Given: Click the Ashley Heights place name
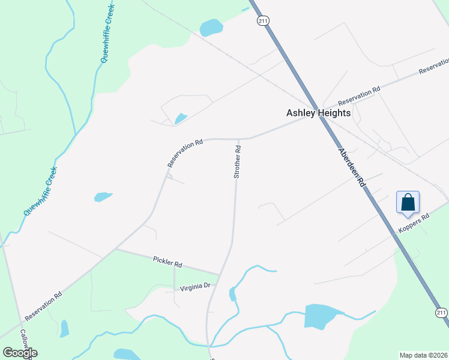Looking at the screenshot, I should click(x=318, y=112).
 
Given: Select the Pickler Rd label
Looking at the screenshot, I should click(x=167, y=263).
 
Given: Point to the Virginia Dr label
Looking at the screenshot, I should click(x=195, y=287).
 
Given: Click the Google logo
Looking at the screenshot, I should click(x=20, y=353).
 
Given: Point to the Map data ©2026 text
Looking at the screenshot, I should click(x=424, y=355).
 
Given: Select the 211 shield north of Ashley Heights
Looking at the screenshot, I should click(x=263, y=21).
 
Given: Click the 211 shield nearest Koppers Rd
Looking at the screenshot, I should click(x=441, y=313).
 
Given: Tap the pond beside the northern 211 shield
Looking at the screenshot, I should click(x=211, y=27).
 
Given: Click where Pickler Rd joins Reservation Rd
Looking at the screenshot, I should click(x=116, y=248).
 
